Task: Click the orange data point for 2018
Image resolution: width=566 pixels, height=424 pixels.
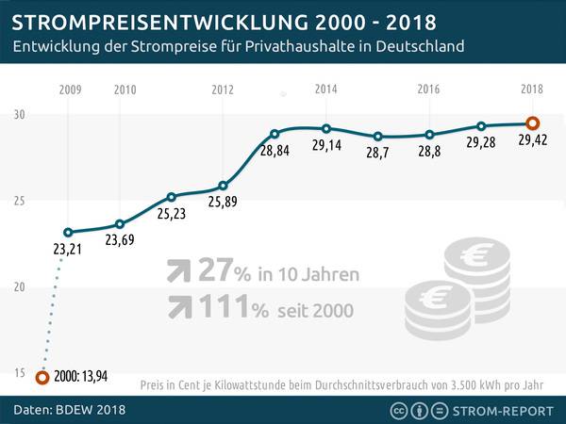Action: pyautogui.click(x=532, y=123)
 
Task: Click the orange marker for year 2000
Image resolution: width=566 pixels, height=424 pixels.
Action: pyautogui.click(x=42, y=377)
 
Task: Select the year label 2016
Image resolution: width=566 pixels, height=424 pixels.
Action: pyautogui.click(x=428, y=90)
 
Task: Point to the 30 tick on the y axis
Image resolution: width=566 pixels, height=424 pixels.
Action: pyautogui.click(x=18, y=114)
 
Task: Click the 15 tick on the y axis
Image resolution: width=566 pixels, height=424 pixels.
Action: pyautogui.click(x=18, y=373)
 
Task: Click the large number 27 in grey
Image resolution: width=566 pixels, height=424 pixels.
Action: pyautogui.click(x=213, y=271)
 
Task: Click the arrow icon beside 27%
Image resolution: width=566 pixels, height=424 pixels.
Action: pyautogui.click(x=175, y=272)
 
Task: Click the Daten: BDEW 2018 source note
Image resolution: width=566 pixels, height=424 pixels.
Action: pyautogui.click(x=69, y=410)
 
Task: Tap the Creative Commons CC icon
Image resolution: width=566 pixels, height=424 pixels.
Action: pyautogui.click(x=399, y=410)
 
